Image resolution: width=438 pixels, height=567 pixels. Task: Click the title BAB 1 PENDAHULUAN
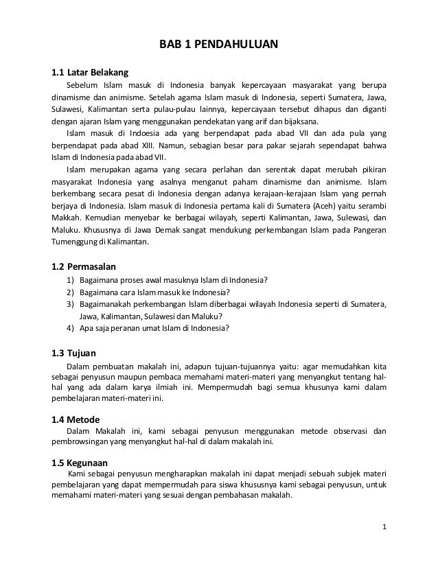click(218, 46)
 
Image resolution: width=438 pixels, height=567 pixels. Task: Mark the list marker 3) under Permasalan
click(70, 303)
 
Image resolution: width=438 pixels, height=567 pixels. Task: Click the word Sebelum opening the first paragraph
click(81, 84)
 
